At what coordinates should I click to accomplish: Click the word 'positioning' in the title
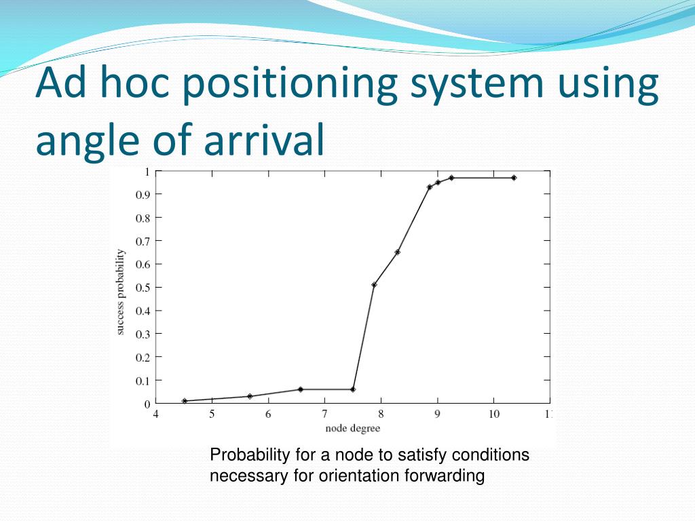click(x=290, y=84)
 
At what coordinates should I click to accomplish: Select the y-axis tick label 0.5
click(x=143, y=288)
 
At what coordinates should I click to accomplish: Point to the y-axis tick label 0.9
click(x=143, y=195)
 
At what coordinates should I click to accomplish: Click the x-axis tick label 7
click(x=324, y=414)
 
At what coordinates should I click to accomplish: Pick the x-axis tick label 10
click(x=494, y=414)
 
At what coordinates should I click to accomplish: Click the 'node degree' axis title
click(x=353, y=429)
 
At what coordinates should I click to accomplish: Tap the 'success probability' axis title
click(x=120, y=292)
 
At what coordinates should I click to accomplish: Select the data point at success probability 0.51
click(x=374, y=285)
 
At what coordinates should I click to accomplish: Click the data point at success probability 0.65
click(x=398, y=252)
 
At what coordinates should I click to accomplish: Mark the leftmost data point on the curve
click(x=185, y=401)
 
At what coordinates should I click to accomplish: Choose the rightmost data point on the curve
click(x=514, y=178)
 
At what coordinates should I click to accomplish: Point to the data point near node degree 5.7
click(x=250, y=396)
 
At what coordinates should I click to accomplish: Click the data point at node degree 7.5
click(x=353, y=389)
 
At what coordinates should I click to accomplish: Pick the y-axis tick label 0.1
click(x=143, y=381)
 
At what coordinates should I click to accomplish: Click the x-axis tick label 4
click(x=155, y=414)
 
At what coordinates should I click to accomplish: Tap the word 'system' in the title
click(x=476, y=84)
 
